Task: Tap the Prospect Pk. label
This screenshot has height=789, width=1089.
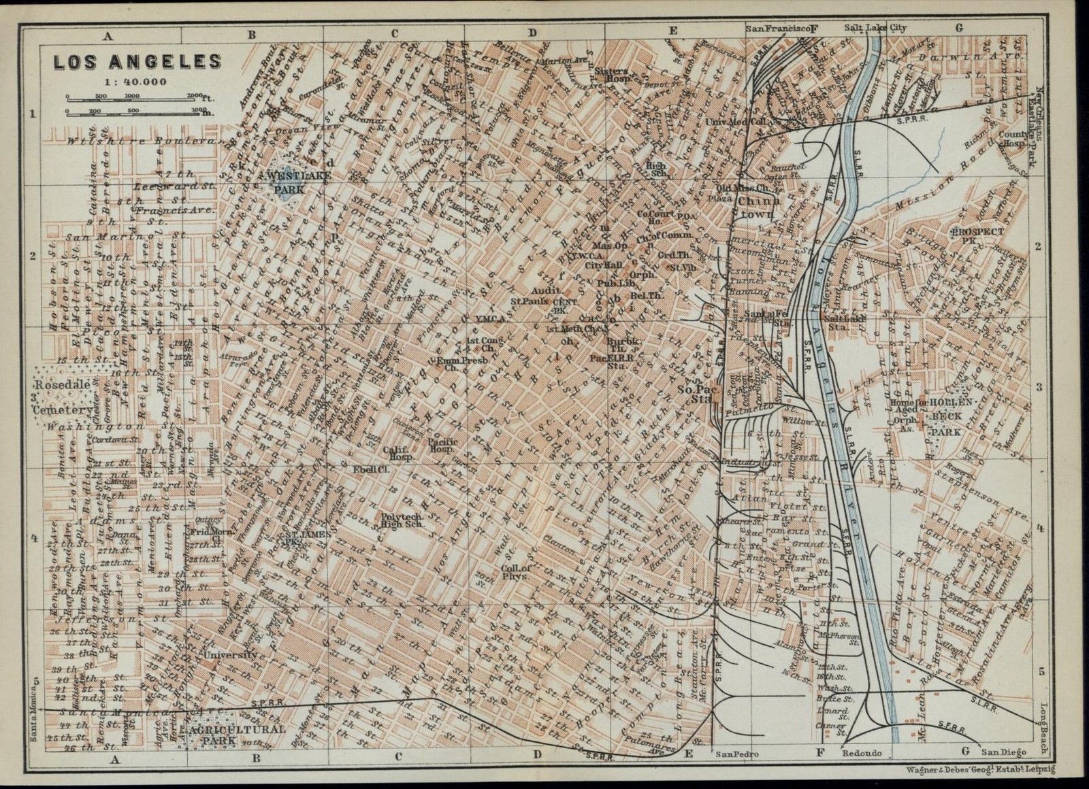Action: [x=979, y=236]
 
